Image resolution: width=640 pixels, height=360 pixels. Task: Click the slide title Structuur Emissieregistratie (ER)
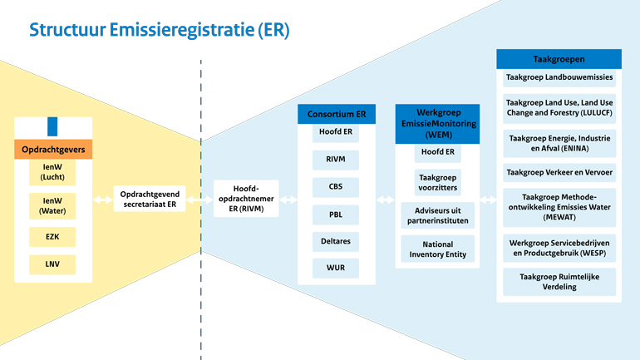point(160,30)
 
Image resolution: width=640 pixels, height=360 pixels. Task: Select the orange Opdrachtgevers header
point(53,150)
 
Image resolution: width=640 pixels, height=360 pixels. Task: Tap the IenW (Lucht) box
point(53,172)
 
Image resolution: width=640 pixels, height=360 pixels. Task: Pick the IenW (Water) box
point(53,205)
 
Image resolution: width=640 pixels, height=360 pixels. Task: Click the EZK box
point(53,237)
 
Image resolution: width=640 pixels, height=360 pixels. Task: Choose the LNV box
point(53,264)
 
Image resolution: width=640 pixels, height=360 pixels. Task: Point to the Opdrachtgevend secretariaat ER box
point(150,198)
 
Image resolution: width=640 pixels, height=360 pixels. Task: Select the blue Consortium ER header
point(337,114)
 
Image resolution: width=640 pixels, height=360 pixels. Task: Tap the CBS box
point(336,187)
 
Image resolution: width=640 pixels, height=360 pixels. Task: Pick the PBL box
point(336,214)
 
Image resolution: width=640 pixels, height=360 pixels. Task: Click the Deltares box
point(336,241)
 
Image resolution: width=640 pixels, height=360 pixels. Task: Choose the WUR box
point(336,269)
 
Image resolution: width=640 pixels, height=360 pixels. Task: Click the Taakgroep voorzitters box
point(437,182)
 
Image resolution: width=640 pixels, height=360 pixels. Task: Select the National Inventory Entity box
point(437,249)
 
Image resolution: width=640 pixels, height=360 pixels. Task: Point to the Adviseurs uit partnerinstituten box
point(437,215)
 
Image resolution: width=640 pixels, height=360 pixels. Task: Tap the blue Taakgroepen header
point(559,59)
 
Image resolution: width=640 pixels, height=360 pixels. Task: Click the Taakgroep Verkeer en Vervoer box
point(559,173)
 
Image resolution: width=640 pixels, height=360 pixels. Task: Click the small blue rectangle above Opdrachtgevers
point(52,126)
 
